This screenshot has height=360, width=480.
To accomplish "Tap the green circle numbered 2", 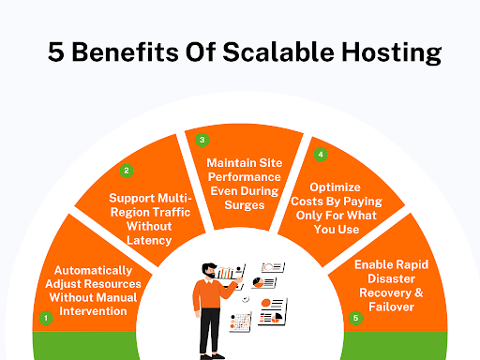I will click(126, 171).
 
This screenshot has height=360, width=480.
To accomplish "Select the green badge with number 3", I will click(201, 140).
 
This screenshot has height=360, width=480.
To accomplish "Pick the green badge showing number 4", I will click(321, 154).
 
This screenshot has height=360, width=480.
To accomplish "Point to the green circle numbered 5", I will click(354, 318).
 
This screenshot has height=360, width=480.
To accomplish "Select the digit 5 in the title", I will click(56, 52).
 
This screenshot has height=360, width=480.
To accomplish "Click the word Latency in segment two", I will click(150, 240).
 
